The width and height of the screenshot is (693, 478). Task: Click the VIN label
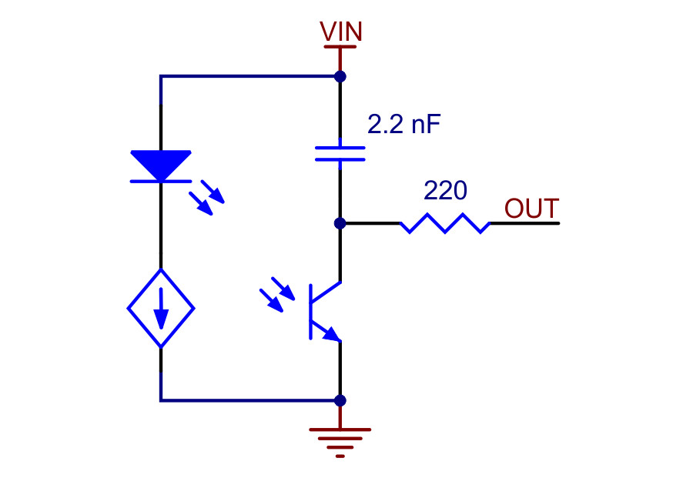pyautogui.click(x=341, y=32)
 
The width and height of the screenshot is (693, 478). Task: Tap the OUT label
pyautogui.click(x=531, y=209)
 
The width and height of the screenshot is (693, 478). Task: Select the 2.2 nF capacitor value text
pyautogui.click(x=404, y=124)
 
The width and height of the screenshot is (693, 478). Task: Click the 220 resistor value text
pyautogui.click(x=445, y=190)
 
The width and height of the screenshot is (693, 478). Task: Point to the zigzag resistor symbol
pyautogui.click(x=445, y=223)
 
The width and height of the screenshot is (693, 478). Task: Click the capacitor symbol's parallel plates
pyautogui.click(x=340, y=153)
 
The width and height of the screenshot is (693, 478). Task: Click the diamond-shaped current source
pyautogui.click(x=161, y=308)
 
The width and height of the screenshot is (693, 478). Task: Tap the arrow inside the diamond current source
pyautogui.click(x=161, y=309)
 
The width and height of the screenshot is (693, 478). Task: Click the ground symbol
pyautogui.click(x=340, y=443)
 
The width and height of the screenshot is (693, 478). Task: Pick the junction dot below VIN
pyautogui.click(x=340, y=76)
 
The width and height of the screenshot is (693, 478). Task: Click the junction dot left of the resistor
pyautogui.click(x=340, y=223)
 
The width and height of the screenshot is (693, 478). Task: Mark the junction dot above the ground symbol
pyautogui.click(x=340, y=400)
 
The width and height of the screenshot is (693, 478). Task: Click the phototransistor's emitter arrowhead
pyautogui.click(x=333, y=334)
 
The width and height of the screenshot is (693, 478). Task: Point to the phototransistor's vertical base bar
pyautogui.click(x=311, y=312)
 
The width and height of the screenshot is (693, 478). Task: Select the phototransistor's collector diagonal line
pyautogui.click(x=326, y=292)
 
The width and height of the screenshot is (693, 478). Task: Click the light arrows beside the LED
pyautogui.click(x=206, y=198)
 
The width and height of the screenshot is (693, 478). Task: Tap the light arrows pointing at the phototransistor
pyautogui.click(x=277, y=295)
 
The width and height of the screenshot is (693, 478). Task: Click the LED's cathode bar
pyautogui.click(x=161, y=181)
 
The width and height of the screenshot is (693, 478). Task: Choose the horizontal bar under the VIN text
pyautogui.click(x=340, y=46)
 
